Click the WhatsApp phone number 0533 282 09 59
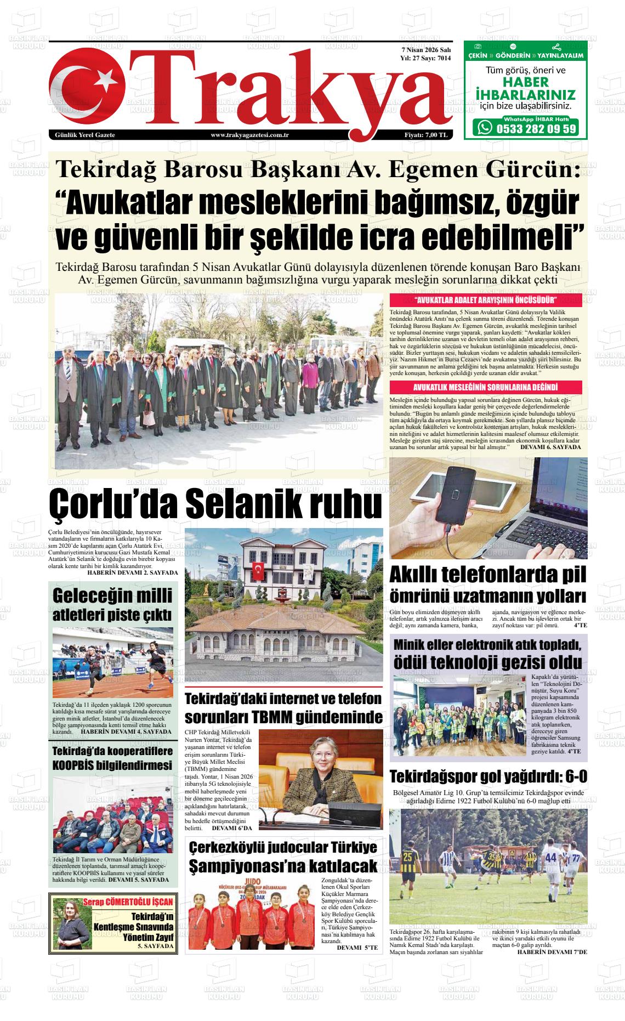(x=535, y=128)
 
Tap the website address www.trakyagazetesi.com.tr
(x=249, y=135)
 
